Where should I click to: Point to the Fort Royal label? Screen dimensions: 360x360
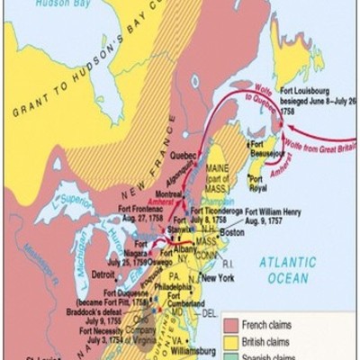pyautogui.click(x=273, y=188)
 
